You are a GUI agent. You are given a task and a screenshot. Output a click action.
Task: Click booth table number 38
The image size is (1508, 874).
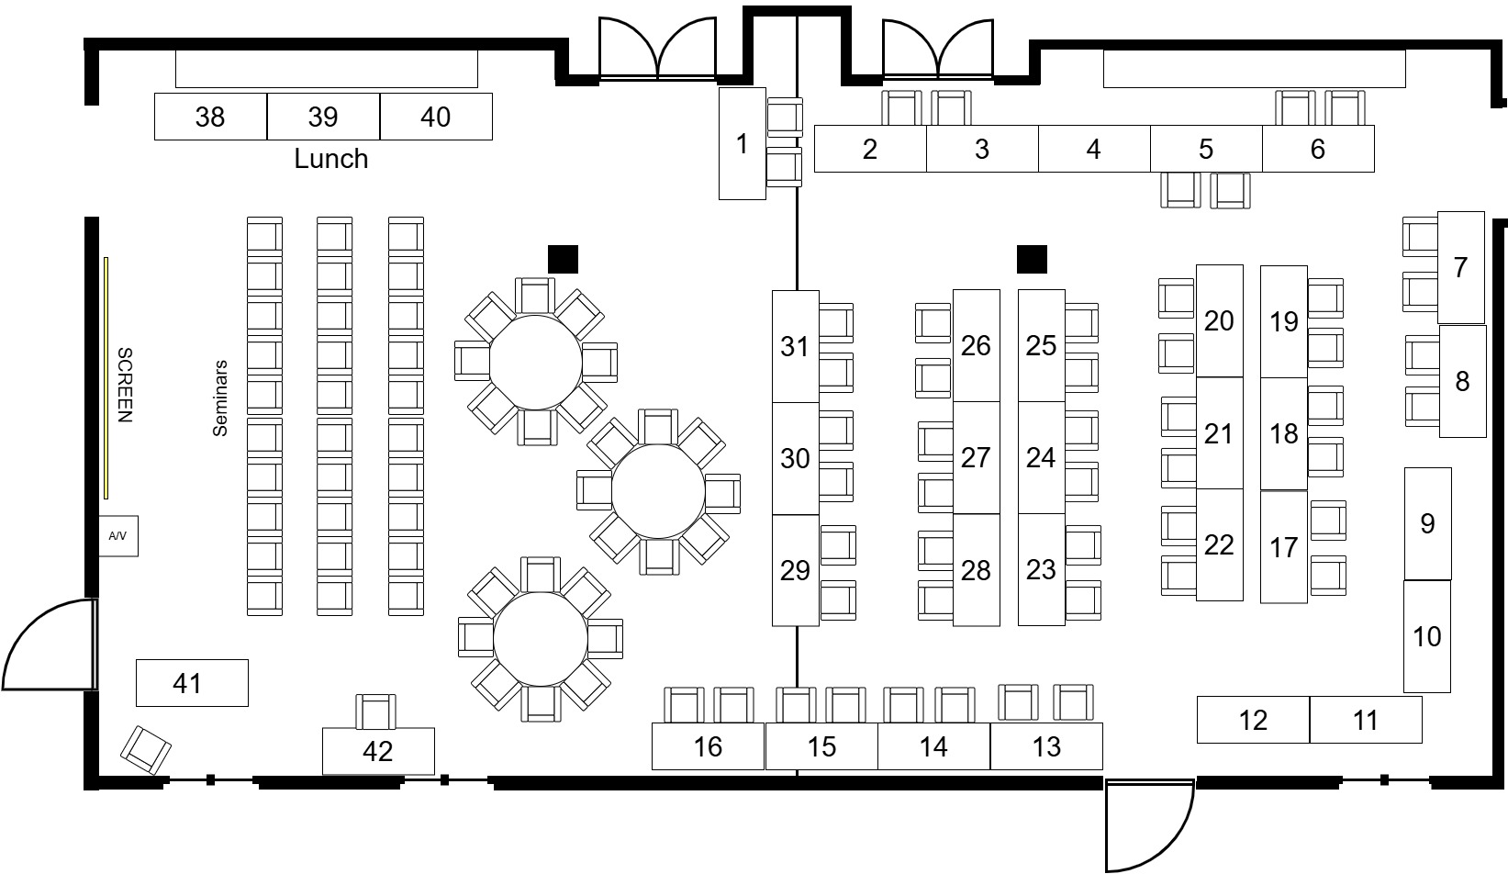[210, 117]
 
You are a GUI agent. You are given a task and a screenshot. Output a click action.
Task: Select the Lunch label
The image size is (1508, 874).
[330, 159]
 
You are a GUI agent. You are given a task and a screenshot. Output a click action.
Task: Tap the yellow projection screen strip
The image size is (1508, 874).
[106, 377]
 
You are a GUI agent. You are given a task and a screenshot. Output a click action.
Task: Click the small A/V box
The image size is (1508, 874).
[118, 535]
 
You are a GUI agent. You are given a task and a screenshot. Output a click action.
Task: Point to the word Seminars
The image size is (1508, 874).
[220, 398]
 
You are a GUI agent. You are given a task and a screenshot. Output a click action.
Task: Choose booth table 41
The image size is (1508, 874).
[191, 683]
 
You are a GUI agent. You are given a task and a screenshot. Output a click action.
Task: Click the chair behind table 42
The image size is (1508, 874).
[375, 712]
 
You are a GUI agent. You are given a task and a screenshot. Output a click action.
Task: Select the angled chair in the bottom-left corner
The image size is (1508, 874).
[146, 749]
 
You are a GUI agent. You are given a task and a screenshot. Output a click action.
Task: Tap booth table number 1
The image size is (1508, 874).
[742, 143]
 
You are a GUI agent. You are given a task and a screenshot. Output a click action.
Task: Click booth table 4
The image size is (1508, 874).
[1093, 149]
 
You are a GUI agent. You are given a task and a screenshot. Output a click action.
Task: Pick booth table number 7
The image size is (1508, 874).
[1460, 267]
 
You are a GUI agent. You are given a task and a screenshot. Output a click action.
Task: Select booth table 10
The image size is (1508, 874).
[1426, 636]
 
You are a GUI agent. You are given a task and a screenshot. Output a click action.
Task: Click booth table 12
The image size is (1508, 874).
[1253, 720]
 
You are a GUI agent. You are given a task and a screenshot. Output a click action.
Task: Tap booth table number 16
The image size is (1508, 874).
[708, 746]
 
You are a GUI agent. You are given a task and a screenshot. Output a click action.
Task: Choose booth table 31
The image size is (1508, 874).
[795, 346]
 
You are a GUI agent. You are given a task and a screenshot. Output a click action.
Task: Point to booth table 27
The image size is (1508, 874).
[976, 457]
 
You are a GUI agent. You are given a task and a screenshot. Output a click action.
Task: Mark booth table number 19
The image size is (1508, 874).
[1283, 321]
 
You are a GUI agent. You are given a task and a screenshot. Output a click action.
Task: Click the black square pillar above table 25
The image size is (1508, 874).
[1032, 259]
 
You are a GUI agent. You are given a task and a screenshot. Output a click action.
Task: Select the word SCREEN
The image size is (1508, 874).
[126, 385]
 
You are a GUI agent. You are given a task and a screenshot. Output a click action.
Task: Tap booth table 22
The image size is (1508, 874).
[1219, 544]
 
